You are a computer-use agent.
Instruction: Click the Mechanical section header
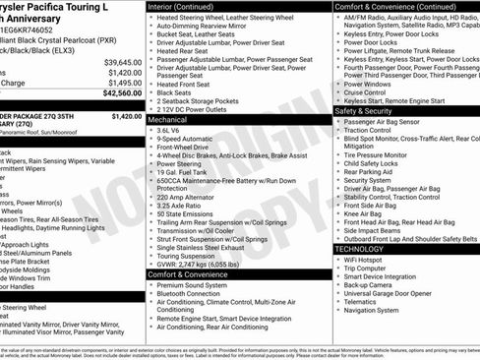[174, 117]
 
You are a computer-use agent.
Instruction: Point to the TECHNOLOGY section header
[360, 249]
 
